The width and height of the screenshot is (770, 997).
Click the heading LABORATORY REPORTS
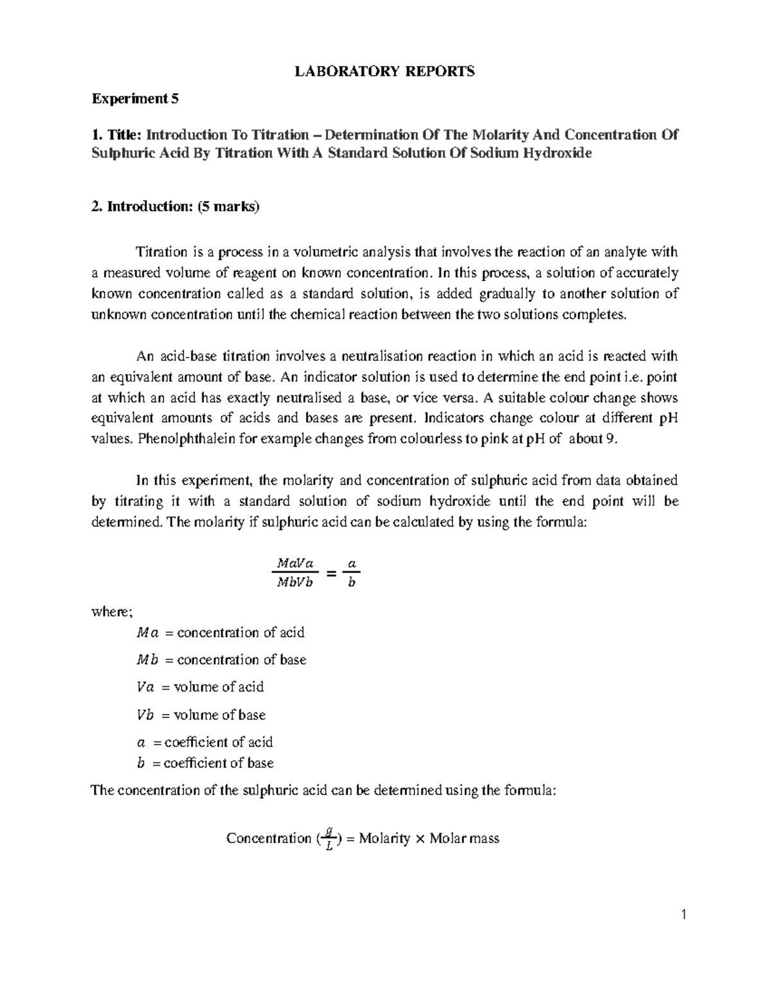[x=384, y=71]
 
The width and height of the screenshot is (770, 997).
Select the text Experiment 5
[x=136, y=99]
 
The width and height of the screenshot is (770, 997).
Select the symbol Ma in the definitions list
[x=147, y=633]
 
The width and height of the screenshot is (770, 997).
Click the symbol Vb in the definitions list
[x=146, y=715]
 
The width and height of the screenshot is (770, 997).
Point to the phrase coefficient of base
[x=219, y=763]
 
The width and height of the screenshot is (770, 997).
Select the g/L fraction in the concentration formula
[x=329, y=838]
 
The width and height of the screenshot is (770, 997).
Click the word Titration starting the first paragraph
[x=161, y=252]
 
